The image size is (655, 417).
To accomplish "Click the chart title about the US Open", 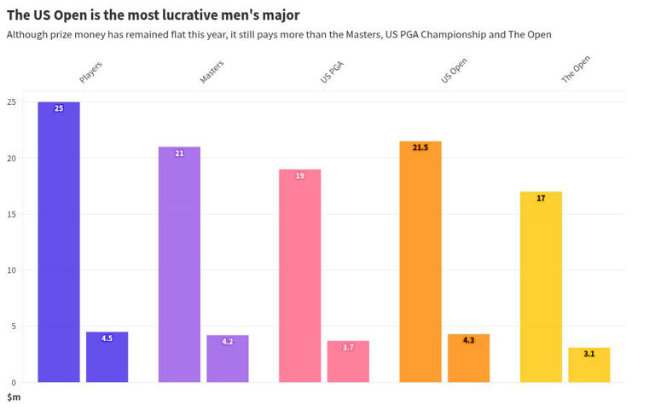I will tap(154, 15).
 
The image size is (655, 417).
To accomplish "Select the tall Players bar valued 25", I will tap(59, 242).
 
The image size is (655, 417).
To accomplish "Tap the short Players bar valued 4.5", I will tap(107, 357).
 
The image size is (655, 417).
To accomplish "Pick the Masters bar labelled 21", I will tap(179, 264).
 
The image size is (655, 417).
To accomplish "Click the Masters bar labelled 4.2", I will tap(228, 359).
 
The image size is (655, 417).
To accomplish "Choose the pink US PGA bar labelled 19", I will tap(300, 275).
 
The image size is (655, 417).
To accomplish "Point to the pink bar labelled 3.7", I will tap(348, 362).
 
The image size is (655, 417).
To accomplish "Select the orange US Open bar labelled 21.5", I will tap(420, 262).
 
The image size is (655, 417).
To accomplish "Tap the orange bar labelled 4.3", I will tap(469, 358).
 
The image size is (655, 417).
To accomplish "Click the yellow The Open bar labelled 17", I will tap(541, 287).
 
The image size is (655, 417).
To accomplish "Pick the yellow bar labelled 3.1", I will tap(589, 365).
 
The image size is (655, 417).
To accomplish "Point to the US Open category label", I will tap(454, 70).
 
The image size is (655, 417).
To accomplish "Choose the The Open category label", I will tap(576, 69).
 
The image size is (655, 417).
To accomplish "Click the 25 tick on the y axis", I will tap(10, 102).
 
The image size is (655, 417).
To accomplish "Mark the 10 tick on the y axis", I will tap(10, 270).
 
